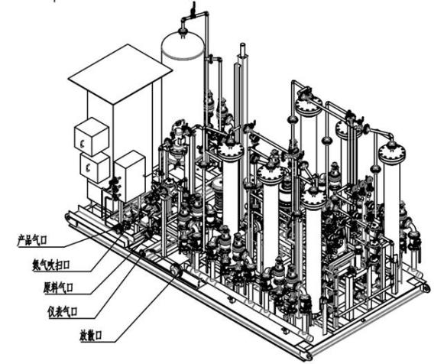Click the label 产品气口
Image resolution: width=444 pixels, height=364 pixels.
[x=32, y=241]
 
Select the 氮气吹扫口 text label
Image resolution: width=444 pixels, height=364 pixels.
[x=51, y=265]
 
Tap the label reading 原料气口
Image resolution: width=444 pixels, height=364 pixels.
[x=58, y=288]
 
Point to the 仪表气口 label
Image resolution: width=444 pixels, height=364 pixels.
[x=63, y=312]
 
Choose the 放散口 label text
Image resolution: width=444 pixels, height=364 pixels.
[x=91, y=336]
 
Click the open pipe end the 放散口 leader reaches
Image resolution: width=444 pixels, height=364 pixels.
[x=176, y=268]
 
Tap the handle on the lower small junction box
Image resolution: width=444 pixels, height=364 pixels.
[x=87, y=168]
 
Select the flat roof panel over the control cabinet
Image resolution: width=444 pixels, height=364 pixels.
[x=120, y=74]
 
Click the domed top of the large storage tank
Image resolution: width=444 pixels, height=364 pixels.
[x=183, y=45]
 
